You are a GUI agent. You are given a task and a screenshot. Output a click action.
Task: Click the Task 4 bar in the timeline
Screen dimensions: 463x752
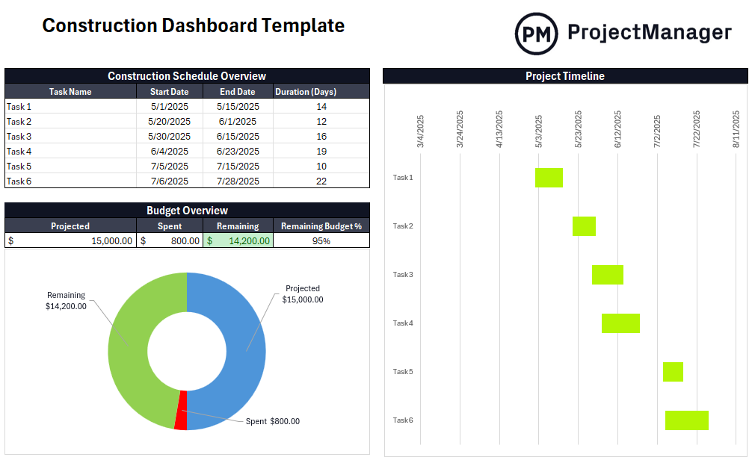[620, 323]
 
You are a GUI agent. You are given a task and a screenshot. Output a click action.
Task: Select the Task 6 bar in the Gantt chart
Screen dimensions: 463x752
[686, 420]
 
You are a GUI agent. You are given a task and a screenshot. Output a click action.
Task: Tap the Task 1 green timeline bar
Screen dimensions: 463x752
[549, 178]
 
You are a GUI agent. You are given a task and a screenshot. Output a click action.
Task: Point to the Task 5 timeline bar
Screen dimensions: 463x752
[673, 372]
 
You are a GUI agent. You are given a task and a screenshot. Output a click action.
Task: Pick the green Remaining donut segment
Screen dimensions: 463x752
[135, 336]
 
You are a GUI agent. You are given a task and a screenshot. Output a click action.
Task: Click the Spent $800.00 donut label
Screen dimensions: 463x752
[272, 422]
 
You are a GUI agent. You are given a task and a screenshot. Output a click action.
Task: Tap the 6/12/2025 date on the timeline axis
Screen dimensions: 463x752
[618, 130]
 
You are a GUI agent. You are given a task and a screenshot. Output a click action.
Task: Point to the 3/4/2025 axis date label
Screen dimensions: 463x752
[421, 130]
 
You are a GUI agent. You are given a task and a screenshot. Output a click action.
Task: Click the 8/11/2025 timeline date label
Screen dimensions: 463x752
[736, 130]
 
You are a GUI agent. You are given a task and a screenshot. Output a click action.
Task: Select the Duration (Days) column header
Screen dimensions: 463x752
[306, 92]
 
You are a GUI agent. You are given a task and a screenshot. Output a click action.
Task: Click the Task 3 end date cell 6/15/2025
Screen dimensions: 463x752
[238, 137]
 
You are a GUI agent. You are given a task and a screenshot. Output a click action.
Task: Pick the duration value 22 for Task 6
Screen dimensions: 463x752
[321, 181]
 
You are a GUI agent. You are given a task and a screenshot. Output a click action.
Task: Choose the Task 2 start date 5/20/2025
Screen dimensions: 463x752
[169, 122]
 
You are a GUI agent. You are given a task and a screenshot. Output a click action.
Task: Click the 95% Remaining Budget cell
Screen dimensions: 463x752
[321, 241]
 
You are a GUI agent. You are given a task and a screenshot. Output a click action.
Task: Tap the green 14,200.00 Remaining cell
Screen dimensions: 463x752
[238, 241]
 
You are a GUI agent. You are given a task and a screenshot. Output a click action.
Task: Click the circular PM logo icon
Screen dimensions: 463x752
[536, 34]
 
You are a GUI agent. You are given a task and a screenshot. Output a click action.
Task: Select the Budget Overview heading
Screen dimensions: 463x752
[187, 211]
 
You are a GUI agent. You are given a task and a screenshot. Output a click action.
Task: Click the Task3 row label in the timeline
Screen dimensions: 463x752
[403, 275]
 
